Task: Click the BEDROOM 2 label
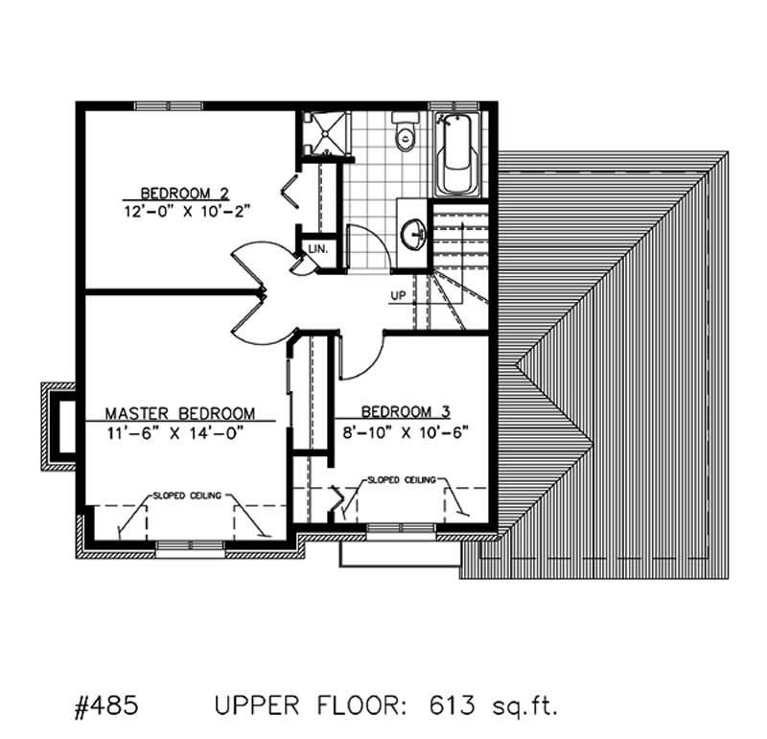pos(184,191)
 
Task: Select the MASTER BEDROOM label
pos(180,413)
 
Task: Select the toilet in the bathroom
pos(407,133)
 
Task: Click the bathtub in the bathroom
pos(457,155)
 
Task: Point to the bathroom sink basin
pos(415,233)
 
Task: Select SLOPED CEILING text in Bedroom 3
pos(402,478)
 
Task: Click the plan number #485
pos(106,707)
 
